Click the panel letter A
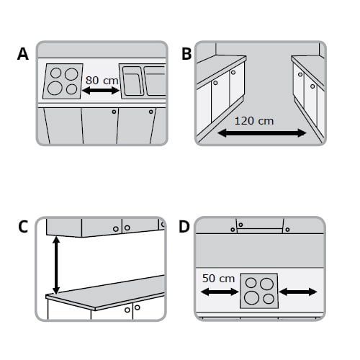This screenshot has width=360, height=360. [23, 55]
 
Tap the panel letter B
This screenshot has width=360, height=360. [186, 54]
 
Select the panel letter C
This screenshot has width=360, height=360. [23, 228]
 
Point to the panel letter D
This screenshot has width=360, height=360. [184, 228]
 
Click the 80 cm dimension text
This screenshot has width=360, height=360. [102, 81]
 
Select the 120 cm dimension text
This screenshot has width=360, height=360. [255, 120]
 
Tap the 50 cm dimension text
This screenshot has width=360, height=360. [217, 278]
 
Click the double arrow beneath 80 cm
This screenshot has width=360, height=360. [102, 91]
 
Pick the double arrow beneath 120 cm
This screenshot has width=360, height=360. [262, 132]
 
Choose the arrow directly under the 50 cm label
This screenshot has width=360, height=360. [219, 292]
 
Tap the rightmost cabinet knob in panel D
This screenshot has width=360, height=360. [287, 230]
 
